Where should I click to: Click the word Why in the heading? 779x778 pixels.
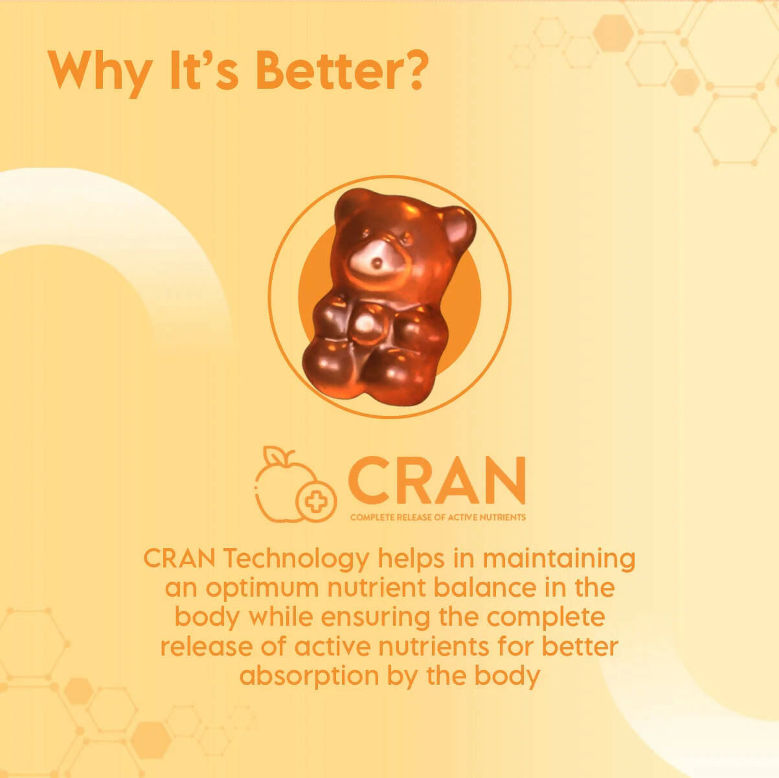click(x=98, y=72)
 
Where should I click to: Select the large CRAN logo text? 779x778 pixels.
click(x=437, y=481)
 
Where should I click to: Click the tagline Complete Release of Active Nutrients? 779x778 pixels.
click(x=438, y=517)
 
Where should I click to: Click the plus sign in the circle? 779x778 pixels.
click(x=315, y=501)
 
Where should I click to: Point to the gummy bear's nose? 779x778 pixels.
click(x=376, y=263)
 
